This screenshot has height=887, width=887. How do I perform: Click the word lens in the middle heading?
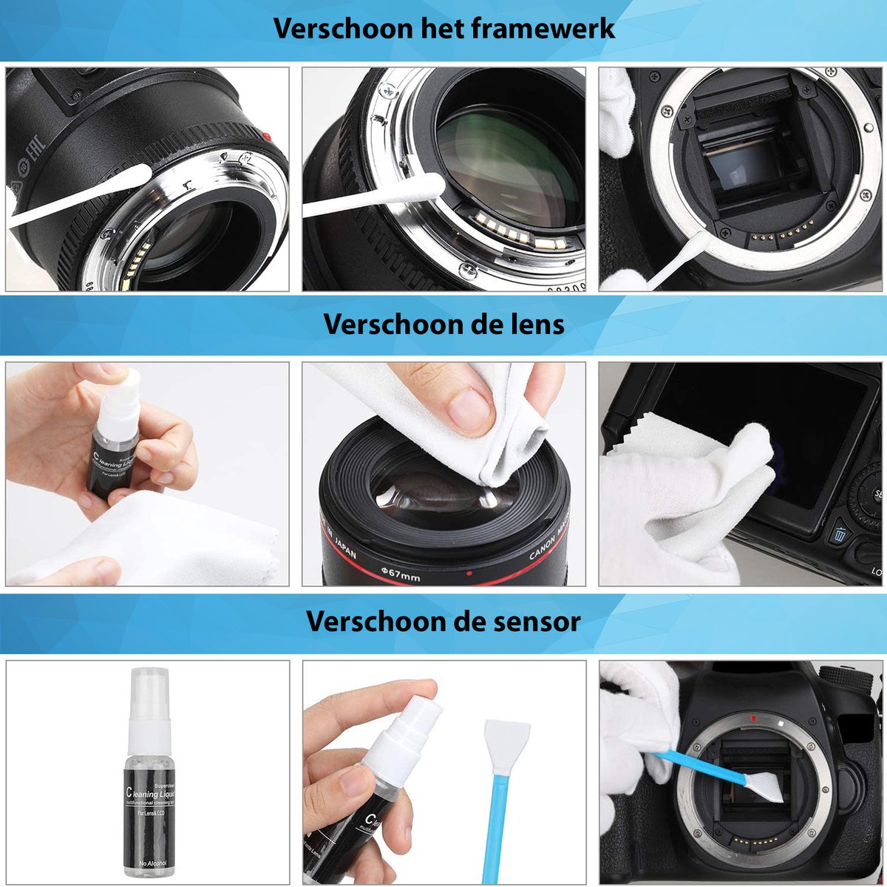536,324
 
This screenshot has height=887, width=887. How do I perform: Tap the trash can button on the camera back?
840,534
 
